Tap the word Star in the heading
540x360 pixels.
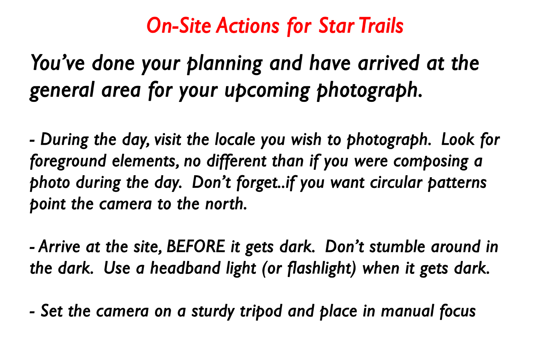(x=337, y=25)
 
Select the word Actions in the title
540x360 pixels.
(x=248, y=25)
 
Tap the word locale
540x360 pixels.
(x=235, y=139)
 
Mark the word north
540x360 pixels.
(x=226, y=203)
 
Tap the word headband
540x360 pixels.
(x=185, y=268)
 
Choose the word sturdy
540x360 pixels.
(x=213, y=311)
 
